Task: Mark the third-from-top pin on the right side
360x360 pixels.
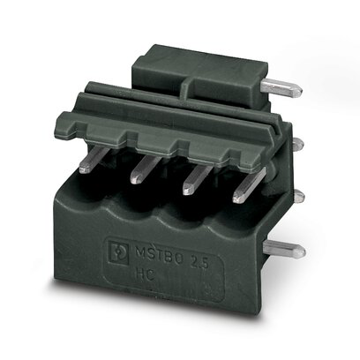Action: [295, 195]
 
